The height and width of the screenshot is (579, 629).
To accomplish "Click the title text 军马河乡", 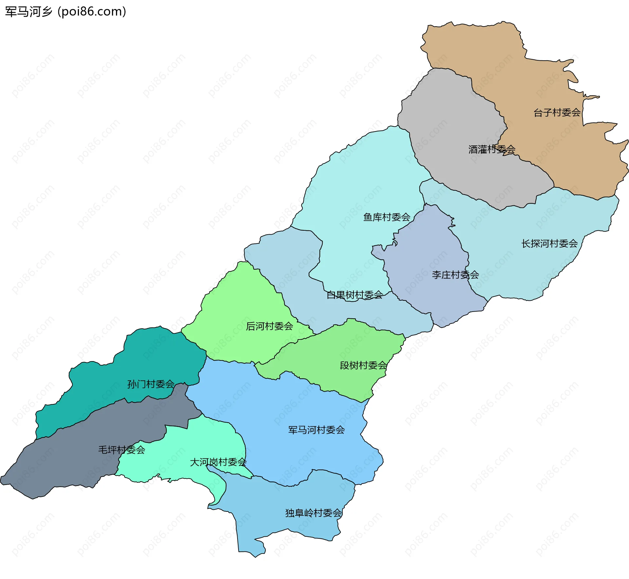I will pos(29,12).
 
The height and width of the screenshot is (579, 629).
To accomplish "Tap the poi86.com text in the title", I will pos(92,12).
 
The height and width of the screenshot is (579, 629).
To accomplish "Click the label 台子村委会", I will pos(557,113).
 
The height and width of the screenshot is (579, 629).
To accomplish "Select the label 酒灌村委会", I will pos(492,149).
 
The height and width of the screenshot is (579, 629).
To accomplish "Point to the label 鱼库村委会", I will pos(387,217).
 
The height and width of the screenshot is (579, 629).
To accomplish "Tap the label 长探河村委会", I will pos(549,243).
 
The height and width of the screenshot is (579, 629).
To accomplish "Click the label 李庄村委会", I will pos(455,275).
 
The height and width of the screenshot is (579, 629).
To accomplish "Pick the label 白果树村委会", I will pos(354,295).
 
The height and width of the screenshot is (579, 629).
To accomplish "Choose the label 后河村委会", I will pos(269,326).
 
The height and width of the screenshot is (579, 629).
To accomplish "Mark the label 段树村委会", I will pos(363,365).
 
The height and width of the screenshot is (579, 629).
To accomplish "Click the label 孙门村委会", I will pos(151,384).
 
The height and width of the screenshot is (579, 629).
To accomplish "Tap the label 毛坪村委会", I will pos(122,450).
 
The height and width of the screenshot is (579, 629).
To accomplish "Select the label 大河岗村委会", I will pos(218,462).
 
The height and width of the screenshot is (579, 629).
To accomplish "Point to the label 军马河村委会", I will pos(316,430).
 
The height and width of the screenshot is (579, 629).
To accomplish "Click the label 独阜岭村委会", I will pos(314,513).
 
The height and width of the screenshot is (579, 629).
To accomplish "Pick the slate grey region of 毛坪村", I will pos(66,465).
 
